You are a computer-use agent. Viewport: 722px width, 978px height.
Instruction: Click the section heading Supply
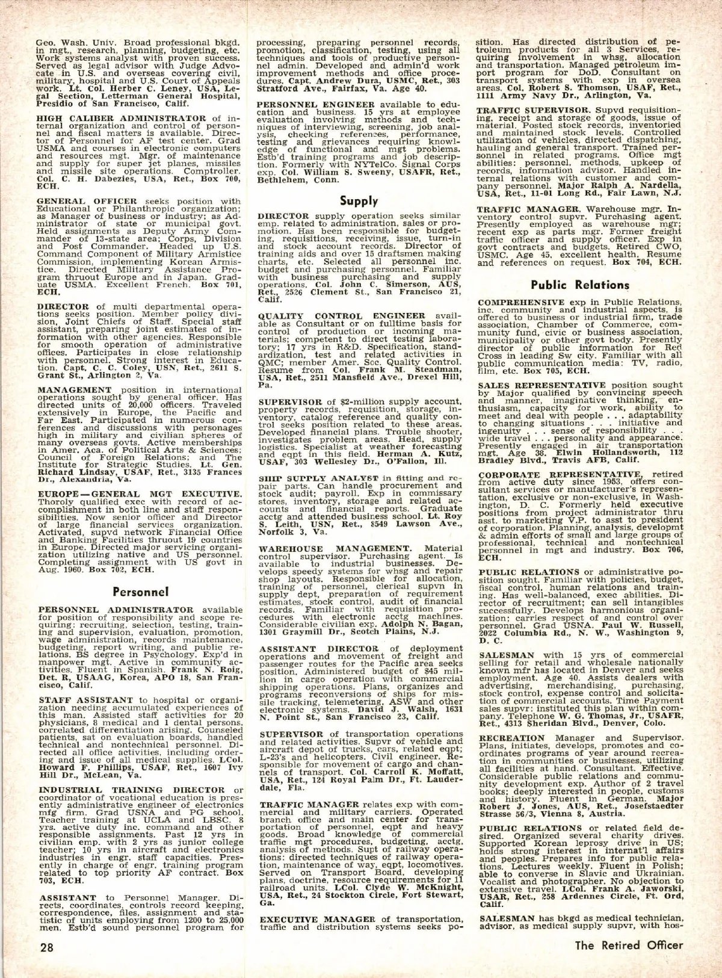[x=359, y=201]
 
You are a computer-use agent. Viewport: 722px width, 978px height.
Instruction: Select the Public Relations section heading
[x=580, y=285]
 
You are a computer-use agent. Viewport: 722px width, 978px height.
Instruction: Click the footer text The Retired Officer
[x=629, y=945]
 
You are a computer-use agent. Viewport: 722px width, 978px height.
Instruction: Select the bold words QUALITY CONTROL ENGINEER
[x=341, y=315]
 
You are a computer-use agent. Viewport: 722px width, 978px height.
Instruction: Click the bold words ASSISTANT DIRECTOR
[x=319, y=648]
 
